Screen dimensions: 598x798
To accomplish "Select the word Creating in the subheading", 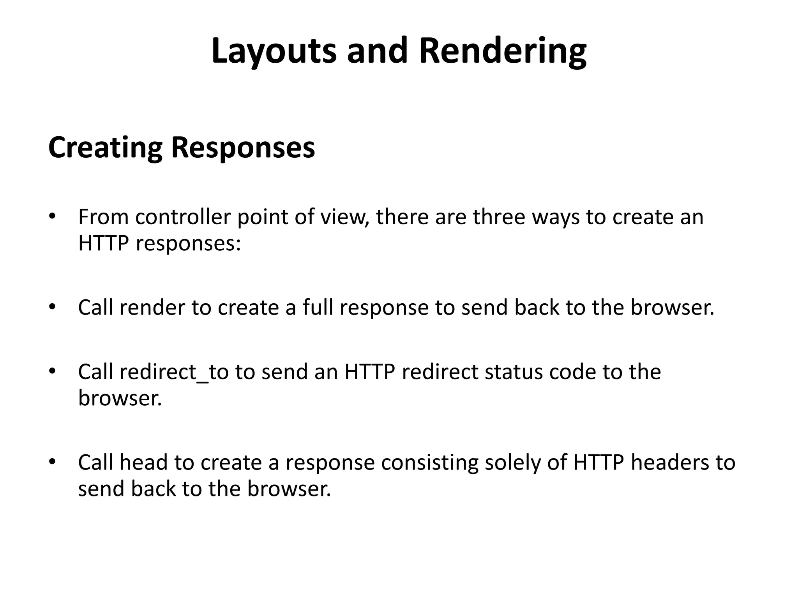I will coord(105,148).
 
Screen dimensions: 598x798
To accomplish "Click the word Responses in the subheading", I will coord(243,148).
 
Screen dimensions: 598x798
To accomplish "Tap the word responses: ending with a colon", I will coord(188,244).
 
